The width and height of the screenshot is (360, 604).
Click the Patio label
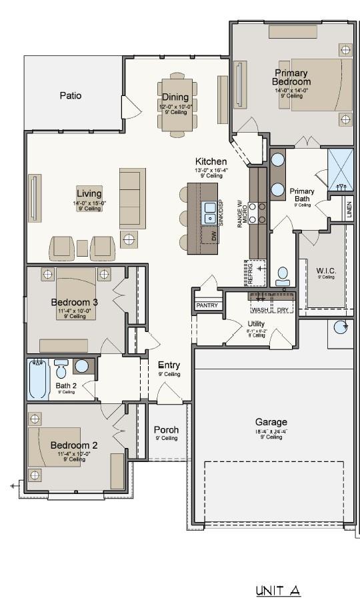71,95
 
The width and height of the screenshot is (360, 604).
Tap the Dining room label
175,97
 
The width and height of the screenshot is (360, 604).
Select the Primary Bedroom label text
291,77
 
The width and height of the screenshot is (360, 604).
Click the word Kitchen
211,161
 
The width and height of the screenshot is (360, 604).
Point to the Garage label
271,422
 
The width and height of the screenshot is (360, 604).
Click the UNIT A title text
278,591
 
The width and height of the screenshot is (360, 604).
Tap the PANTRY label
207,305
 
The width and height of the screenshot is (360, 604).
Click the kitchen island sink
209,212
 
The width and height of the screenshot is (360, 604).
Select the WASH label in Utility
260,310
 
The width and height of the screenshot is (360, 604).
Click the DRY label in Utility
283,310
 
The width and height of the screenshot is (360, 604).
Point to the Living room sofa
132,198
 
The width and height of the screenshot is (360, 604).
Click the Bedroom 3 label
75,302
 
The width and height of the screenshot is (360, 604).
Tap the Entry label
169,365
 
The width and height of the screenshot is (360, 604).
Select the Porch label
166,430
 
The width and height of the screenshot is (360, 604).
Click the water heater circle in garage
341,326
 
